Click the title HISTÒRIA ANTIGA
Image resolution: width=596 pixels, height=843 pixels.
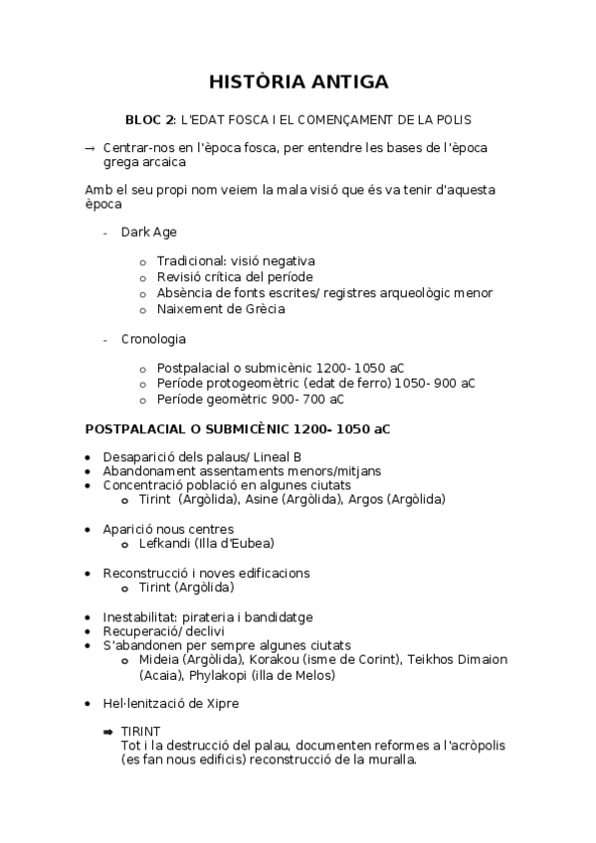[x=298, y=82]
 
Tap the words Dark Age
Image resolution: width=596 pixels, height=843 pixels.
[x=149, y=232]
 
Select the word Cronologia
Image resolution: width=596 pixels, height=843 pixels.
[x=153, y=339]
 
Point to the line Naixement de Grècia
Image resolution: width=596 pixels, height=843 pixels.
[x=221, y=308]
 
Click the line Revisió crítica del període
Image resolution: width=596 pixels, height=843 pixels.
[x=235, y=276]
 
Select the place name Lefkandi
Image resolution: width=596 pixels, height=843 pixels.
[x=166, y=543]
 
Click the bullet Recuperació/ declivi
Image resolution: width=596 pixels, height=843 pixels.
[x=163, y=631]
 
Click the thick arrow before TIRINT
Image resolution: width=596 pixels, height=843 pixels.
[x=108, y=732]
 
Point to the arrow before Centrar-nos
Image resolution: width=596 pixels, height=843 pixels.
[x=91, y=147]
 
